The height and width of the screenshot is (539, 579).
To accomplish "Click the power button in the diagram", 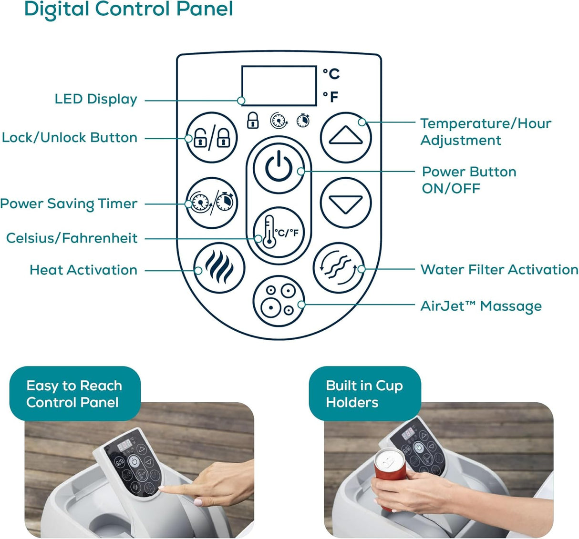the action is (x=279, y=168).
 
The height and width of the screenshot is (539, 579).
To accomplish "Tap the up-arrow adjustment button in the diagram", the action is (x=345, y=137).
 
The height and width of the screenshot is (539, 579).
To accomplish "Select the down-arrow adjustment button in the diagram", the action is (x=345, y=203).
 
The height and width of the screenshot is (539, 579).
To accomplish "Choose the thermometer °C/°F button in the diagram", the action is (x=279, y=233).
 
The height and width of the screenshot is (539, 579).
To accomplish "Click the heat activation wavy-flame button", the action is (x=219, y=268).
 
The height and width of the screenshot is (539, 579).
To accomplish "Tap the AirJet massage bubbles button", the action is (x=279, y=301).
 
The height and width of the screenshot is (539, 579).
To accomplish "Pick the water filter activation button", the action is (x=339, y=268).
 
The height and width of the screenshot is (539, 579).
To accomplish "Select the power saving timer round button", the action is (x=212, y=203).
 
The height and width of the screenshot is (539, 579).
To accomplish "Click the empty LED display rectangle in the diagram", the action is (x=279, y=86).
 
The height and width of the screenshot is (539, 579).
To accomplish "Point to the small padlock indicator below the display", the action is (x=253, y=120).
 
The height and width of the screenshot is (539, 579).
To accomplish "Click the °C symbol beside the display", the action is (x=331, y=74).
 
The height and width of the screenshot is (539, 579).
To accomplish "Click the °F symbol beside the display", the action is (x=331, y=96).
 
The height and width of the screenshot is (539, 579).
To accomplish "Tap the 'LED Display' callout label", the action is (x=96, y=99).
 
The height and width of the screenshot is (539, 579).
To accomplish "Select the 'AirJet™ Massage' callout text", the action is (x=481, y=306).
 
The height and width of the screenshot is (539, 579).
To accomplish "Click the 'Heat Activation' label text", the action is (x=83, y=270).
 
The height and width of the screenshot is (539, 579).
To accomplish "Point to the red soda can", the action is (x=390, y=477).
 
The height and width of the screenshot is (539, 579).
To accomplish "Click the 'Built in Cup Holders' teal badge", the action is (x=365, y=394).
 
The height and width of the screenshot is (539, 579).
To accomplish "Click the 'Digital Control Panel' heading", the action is (x=129, y=10).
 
